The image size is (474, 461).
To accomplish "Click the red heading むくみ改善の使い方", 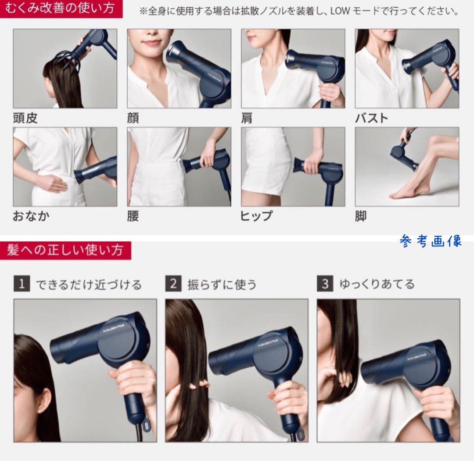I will (x=61, y=9).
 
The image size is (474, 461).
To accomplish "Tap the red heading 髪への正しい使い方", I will (x=65, y=250).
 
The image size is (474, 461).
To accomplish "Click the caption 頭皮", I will (x=25, y=118).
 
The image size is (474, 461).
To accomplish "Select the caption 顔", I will (x=133, y=118).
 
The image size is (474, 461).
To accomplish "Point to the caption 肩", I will (x=247, y=118).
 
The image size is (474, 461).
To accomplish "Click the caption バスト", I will (x=371, y=118).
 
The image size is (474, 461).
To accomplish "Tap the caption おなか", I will (x=31, y=216).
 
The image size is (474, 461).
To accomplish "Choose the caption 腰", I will (x=133, y=216).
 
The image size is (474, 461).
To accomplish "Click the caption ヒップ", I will (x=256, y=216).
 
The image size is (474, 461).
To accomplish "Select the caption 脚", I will (x=361, y=216).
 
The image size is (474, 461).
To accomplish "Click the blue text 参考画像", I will (x=431, y=241).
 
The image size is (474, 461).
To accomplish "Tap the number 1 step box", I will (x=21, y=284).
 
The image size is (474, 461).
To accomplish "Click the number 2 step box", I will (x=173, y=284).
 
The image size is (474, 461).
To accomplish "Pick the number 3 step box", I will (x=325, y=284).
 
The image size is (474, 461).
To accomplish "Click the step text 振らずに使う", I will (x=222, y=284).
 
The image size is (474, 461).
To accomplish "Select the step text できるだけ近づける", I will (x=89, y=284).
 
